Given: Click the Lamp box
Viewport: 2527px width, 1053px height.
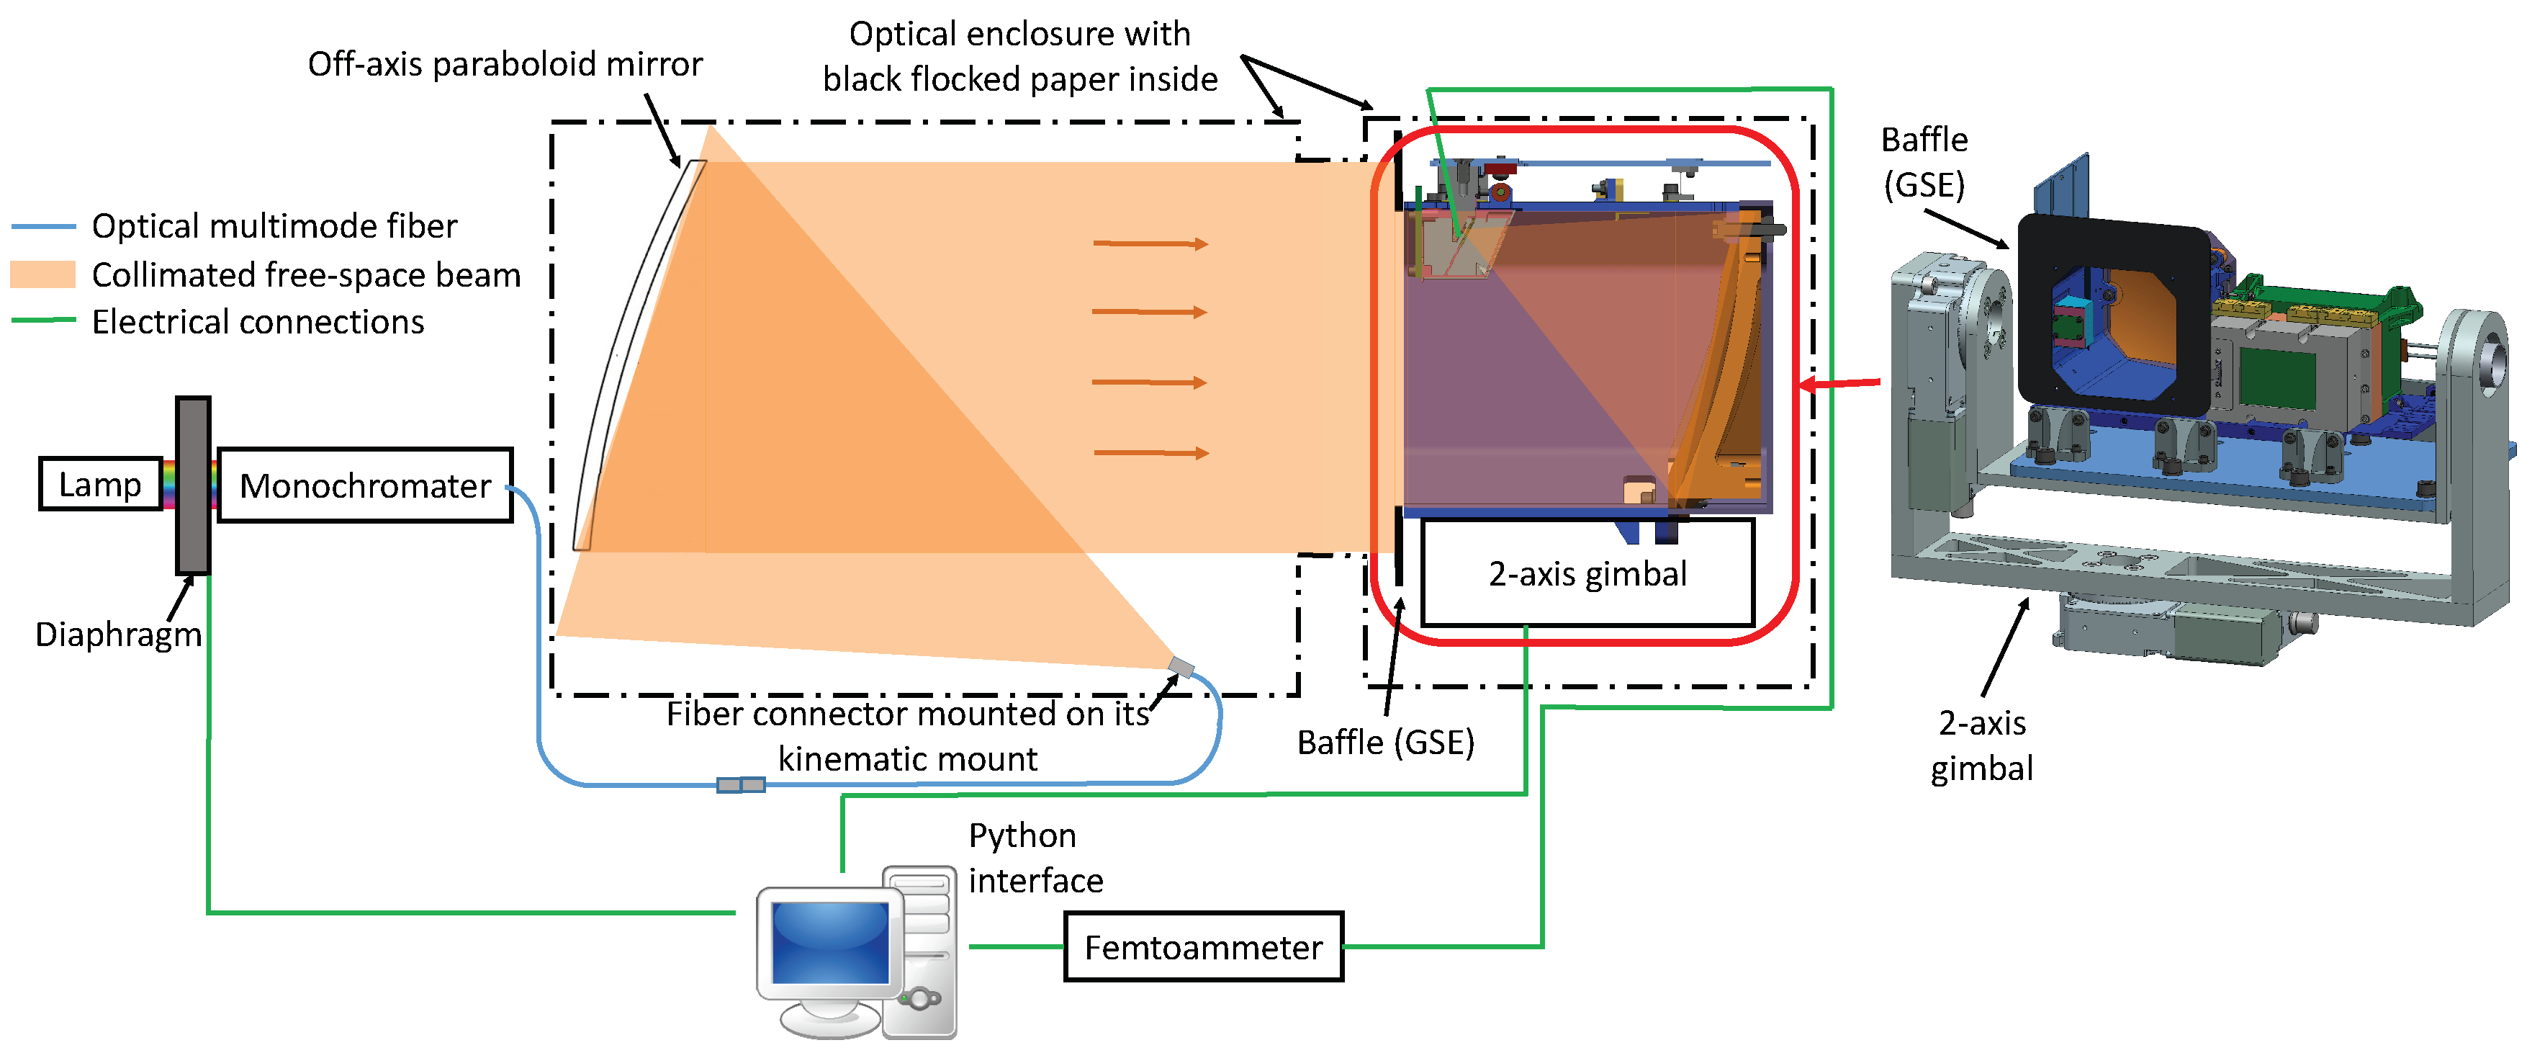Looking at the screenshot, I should click(x=100, y=484).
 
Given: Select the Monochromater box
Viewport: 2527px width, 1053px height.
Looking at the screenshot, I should click(x=364, y=485).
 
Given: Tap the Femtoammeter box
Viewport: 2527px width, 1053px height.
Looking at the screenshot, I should click(x=1203, y=947).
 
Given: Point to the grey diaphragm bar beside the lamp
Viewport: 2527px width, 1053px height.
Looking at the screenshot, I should click(x=192, y=485).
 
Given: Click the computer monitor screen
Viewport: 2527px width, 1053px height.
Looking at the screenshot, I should click(x=830, y=943).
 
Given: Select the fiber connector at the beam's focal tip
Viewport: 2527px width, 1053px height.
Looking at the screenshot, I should click(x=1181, y=668).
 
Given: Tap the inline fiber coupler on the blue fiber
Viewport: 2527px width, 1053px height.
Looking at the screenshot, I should click(x=741, y=784).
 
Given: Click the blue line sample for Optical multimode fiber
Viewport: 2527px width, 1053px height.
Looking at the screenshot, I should click(x=43, y=227).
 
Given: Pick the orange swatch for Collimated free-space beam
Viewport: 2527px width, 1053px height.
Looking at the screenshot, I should click(x=43, y=274).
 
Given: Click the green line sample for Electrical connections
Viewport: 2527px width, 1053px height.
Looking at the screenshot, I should click(x=43, y=320).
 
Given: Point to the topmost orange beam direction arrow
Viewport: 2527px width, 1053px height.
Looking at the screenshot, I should click(x=1150, y=243).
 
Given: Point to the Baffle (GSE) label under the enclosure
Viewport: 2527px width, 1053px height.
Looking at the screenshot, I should click(x=1384, y=743).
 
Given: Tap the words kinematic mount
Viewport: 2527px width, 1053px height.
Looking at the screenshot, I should click(x=906, y=758).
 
